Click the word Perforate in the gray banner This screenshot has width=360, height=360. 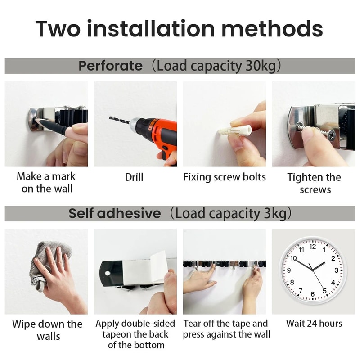coord(110,66)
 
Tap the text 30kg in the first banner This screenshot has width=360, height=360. coord(256,66)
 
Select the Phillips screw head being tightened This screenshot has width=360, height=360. coord(330,134)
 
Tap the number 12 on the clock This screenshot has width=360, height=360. coord(313,247)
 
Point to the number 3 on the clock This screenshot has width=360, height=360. coord(336,270)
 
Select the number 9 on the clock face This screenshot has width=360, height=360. coord(288,270)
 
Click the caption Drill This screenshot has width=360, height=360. coord(134,177)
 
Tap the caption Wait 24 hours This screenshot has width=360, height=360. coord(314,324)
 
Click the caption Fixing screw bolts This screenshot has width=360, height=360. coord(224,177)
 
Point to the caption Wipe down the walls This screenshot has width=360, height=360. coord(47,330)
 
